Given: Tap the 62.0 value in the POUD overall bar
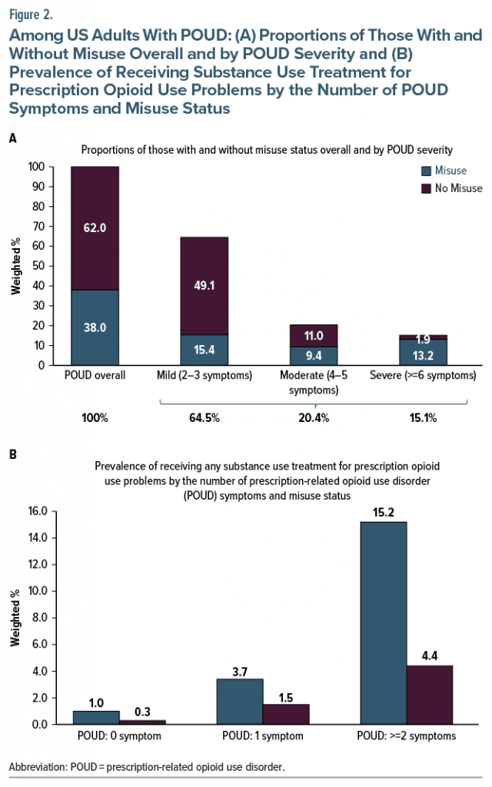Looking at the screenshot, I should click(95, 227).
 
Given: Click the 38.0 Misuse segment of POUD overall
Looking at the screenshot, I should click(95, 327).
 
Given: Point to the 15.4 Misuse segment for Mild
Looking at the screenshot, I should click(204, 350).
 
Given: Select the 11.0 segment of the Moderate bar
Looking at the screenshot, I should click(314, 335).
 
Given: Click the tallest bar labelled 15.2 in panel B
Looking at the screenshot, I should click(383, 623).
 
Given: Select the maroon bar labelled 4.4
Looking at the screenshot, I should click(429, 695).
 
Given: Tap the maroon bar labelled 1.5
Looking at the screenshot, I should click(285, 715).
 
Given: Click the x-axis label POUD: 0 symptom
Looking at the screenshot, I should click(119, 737).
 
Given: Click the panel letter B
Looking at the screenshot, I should click(12, 454).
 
